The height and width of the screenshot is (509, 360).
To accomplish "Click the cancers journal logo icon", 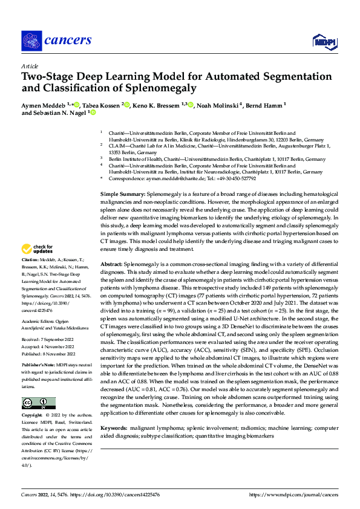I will click(x=30, y=41).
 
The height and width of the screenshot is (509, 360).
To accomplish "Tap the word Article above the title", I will click(x=30, y=66).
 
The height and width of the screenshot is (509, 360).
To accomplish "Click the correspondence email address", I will click(x=169, y=179).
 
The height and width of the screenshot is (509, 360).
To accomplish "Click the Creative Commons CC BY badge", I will click(x=39, y=403).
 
